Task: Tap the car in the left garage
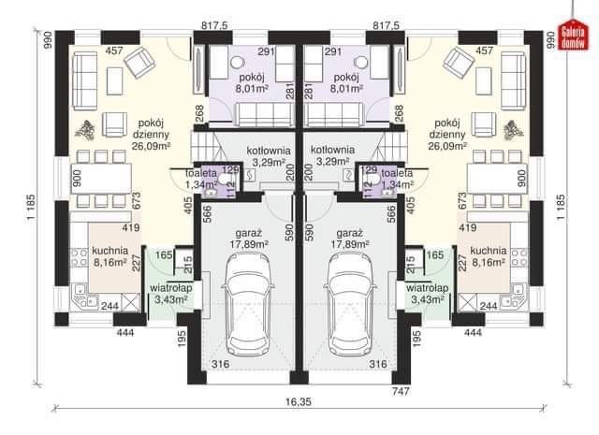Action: (248, 304)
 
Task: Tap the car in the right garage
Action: (350, 304)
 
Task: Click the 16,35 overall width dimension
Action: (299, 401)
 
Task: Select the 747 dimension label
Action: (401, 391)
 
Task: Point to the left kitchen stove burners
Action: (79, 257)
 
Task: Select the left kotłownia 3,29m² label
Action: (269, 156)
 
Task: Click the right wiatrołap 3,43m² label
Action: (427, 294)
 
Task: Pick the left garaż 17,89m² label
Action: (248, 239)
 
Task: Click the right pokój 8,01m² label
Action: (347, 83)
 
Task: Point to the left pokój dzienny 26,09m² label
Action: (151, 135)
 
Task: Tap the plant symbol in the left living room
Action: (85, 129)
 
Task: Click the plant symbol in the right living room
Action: (513, 129)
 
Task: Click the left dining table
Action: (101, 179)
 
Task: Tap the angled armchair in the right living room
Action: (459, 61)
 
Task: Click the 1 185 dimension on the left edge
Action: (32, 207)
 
